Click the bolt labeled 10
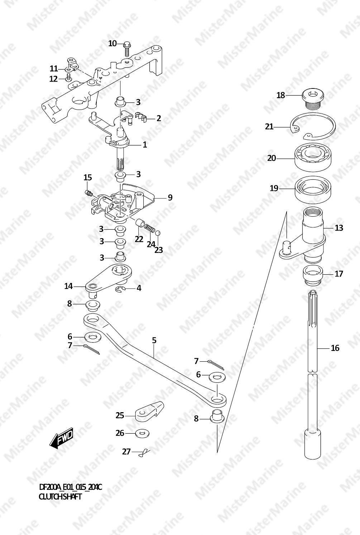pyautogui.click(x=127, y=49)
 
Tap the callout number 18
pyautogui.click(x=281, y=95)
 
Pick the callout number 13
pyautogui.click(x=339, y=228)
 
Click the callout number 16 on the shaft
pyautogui.click(x=335, y=348)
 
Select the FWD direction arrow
pyautogui.click(x=61, y=438)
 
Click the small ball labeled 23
pyautogui.click(x=158, y=233)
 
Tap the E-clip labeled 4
pyautogui.click(x=119, y=289)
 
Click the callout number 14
pyautogui.click(x=68, y=286)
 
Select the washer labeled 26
pyautogui.click(x=142, y=433)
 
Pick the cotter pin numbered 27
pyautogui.click(x=144, y=452)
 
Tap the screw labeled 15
pyautogui.click(x=89, y=193)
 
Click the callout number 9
pyautogui.click(x=170, y=197)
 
